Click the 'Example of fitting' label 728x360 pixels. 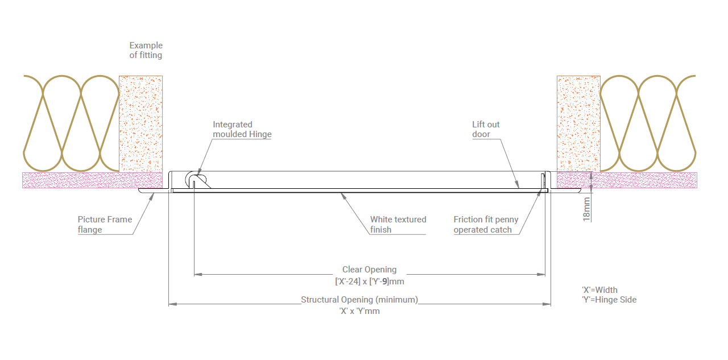pos(146,51)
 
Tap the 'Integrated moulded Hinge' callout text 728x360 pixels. pos(242,129)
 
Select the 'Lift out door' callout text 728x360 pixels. pos(486,129)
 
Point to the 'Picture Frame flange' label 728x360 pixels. pos(105,225)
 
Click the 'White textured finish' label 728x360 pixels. pos(398,225)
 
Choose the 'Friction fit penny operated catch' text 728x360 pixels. pos(486,225)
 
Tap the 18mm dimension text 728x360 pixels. pos(586,209)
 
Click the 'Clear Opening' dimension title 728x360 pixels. pos(369,270)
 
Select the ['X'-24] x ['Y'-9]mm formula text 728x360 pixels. pos(370,282)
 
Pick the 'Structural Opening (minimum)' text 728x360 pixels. pos(359,300)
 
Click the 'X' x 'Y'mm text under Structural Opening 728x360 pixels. pos(359,311)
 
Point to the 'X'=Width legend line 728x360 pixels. pos(599,290)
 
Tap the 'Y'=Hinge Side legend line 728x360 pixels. pos(609,300)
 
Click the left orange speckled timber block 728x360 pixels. pos(140,124)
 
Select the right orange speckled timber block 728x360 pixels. pos(578,123)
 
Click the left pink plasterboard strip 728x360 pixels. pos(92,180)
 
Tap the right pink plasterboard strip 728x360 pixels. pos(627,180)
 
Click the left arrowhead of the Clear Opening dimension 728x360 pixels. pos(198,275)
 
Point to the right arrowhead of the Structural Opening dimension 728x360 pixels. pos(547,304)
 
